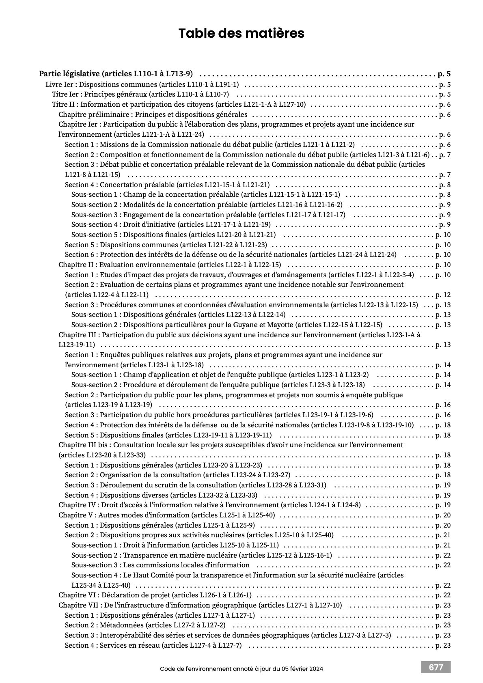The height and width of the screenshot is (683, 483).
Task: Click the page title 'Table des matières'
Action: [x=241, y=33]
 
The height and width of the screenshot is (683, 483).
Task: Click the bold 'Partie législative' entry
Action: [x=116, y=74]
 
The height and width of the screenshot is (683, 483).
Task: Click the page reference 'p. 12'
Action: [x=443, y=295]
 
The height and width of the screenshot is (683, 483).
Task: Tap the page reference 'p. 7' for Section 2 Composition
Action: [x=445, y=155]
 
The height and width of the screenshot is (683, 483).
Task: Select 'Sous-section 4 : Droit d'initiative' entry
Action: [x=171, y=224]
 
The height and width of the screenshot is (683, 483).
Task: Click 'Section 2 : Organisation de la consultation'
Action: [x=177, y=475]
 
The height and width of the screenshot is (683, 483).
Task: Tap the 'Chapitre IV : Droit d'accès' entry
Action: [x=209, y=505]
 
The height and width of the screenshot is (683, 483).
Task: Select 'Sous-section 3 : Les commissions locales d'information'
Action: [x=160, y=565]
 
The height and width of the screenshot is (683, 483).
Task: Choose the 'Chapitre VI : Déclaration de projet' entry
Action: [x=155, y=595]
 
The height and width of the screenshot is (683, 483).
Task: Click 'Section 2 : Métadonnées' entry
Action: [x=145, y=625]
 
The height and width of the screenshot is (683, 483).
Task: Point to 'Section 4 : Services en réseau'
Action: [x=153, y=645]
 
